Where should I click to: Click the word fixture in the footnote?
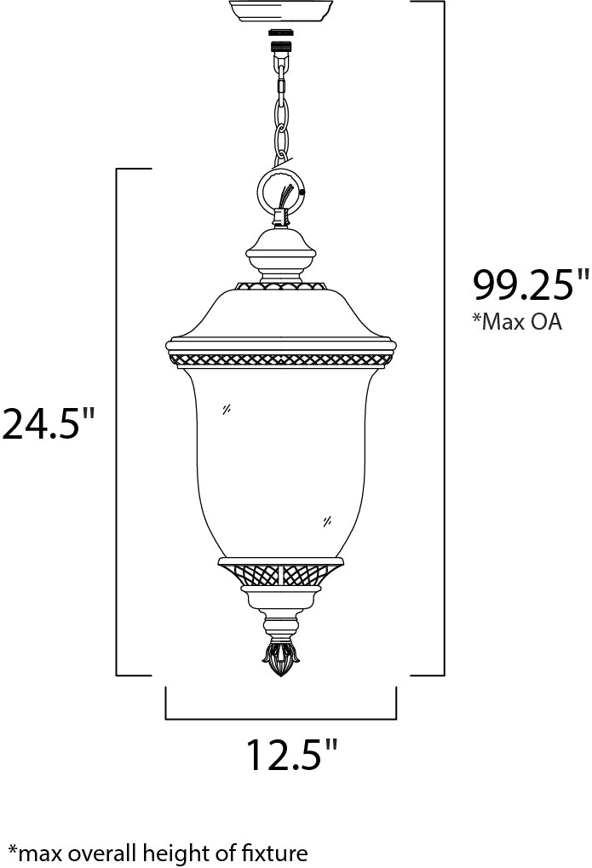273,851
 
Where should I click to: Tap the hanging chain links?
280,111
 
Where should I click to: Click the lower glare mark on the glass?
328,520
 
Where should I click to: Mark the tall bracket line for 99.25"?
444,341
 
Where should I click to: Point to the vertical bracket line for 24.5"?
116,422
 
